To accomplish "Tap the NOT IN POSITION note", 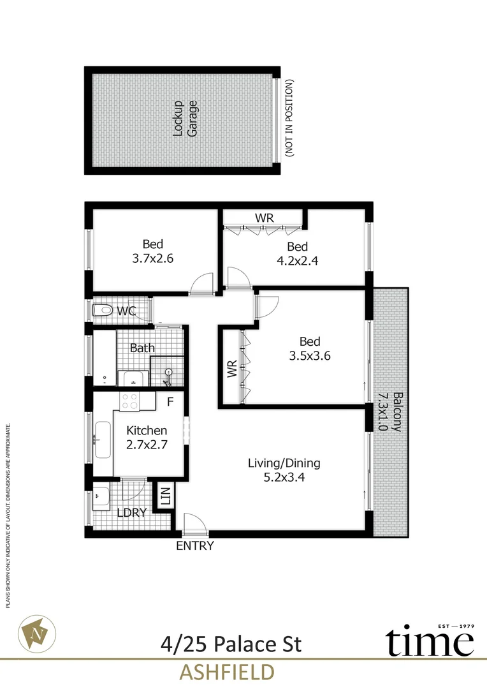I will click(x=289, y=119).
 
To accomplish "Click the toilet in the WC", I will click(x=103, y=311).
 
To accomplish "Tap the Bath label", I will click(x=142, y=348).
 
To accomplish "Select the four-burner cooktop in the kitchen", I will click(x=131, y=401).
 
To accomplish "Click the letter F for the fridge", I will click(x=170, y=402).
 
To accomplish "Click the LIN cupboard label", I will click(x=165, y=497).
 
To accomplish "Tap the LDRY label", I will click(x=132, y=512).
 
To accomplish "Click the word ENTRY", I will click(x=194, y=546).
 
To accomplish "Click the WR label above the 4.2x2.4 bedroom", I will click(x=265, y=218).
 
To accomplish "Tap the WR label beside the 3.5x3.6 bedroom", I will click(x=232, y=369).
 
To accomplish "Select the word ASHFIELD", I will click(x=228, y=672).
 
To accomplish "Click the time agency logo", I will click(x=430, y=640).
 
